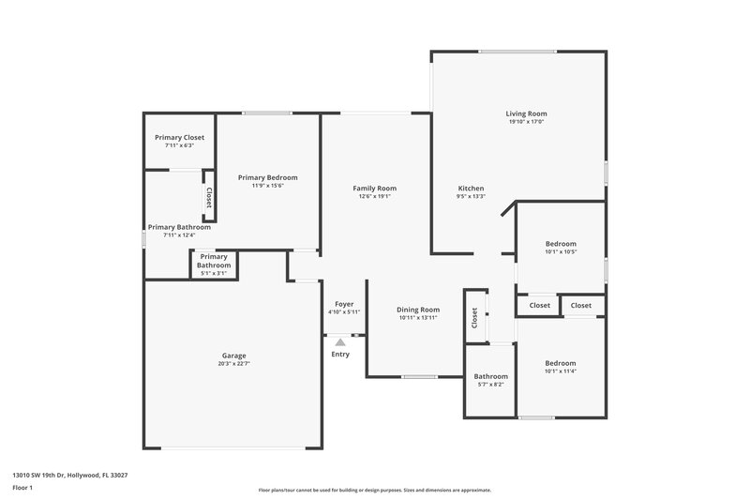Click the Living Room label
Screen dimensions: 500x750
(x=526, y=113)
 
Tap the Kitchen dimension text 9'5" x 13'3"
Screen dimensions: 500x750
(x=470, y=197)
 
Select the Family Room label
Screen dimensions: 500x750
(x=374, y=188)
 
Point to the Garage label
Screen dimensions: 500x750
(x=233, y=356)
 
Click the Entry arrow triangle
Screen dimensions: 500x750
(x=340, y=343)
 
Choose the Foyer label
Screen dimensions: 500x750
(x=344, y=304)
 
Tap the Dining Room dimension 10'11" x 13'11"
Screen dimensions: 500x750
(x=418, y=318)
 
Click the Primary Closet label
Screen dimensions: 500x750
(x=179, y=137)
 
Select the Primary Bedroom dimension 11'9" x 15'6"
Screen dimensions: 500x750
(x=267, y=186)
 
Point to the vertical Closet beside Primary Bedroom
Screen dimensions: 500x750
(x=208, y=198)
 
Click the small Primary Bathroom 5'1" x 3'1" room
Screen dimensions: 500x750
(x=214, y=265)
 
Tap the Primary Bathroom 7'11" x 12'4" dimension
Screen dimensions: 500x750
(x=178, y=235)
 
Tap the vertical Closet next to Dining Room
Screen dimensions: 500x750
(x=475, y=319)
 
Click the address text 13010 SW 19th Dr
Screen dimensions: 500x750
(x=69, y=475)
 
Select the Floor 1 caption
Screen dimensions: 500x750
(x=22, y=488)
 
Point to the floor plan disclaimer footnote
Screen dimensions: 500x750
(x=374, y=490)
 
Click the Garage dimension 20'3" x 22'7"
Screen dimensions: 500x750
(x=233, y=363)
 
